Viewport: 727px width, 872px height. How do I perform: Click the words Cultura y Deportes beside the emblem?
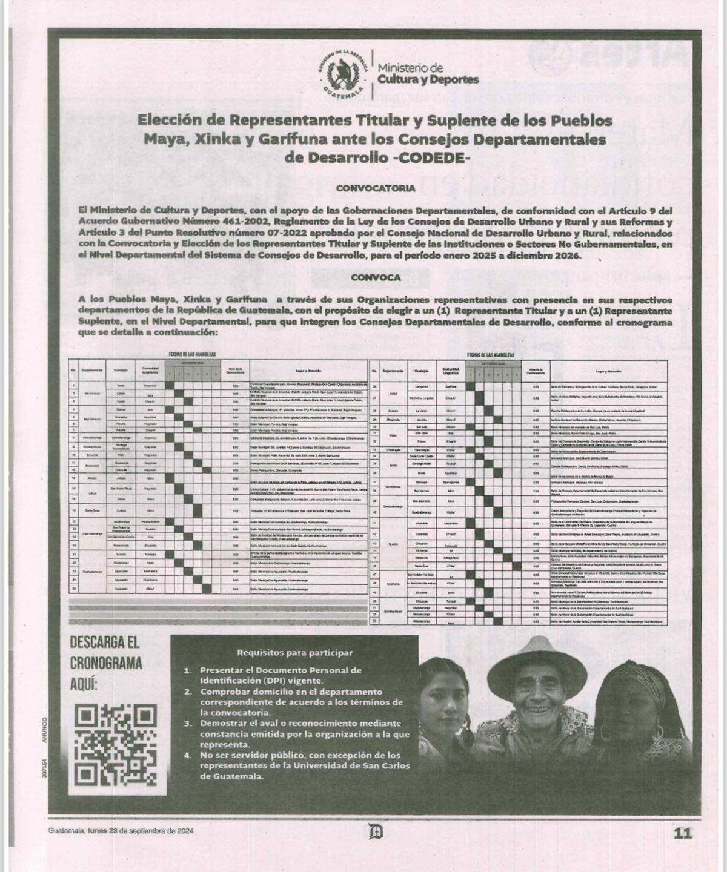pos(428,79)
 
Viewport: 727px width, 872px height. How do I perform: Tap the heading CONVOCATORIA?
pos(376,188)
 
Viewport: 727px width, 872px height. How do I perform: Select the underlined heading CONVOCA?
pos(376,277)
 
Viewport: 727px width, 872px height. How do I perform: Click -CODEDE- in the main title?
pos(431,157)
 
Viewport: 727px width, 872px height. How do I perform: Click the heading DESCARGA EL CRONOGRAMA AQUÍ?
pos(106,662)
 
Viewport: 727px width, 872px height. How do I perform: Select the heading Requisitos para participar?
pos(294,653)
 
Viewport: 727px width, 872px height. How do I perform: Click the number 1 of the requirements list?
pos(188,670)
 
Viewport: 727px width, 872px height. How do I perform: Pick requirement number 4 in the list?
pos(188,756)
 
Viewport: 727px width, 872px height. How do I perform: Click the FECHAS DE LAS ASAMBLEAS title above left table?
pos(192,354)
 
